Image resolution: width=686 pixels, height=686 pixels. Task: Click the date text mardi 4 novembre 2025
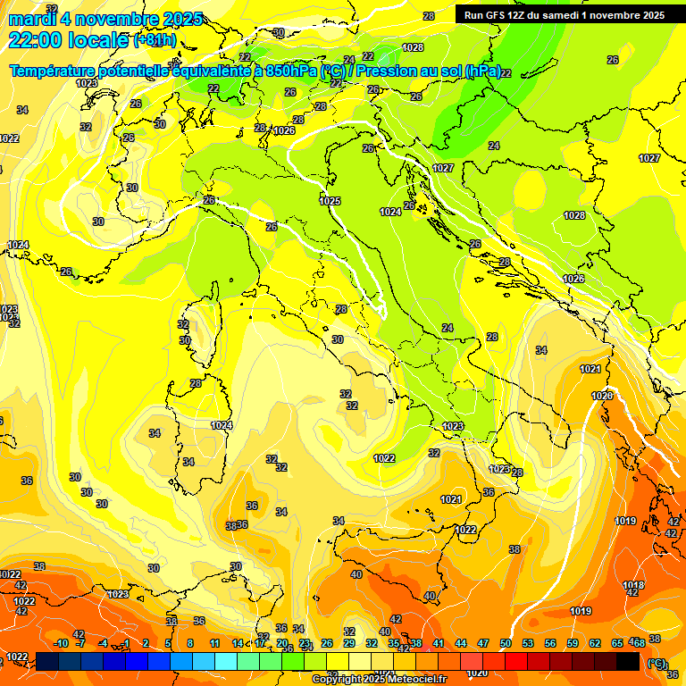click(x=105, y=19)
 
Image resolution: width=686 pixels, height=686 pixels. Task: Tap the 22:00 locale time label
click(x=69, y=40)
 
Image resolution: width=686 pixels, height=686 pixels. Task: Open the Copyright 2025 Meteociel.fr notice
click(x=379, y=680)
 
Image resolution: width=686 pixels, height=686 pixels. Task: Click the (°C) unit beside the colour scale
click(x=657, y=663)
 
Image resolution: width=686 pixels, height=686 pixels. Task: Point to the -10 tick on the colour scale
click(x=61, y=643)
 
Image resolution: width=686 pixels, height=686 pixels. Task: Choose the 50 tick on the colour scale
click(x=506, y=643)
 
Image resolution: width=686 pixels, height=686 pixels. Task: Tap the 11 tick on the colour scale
click(x=214, y=643)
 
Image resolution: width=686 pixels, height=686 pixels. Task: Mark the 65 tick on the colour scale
click(x=616, y=643)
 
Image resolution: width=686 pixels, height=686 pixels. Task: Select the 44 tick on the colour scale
click(x=461, y=643)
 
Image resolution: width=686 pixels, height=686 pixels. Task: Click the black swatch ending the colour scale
click(x=628, y=662)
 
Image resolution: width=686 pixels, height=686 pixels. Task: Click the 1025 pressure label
click(x=330, y=201)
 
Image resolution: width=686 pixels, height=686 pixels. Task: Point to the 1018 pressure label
click(x=633, y=585)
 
